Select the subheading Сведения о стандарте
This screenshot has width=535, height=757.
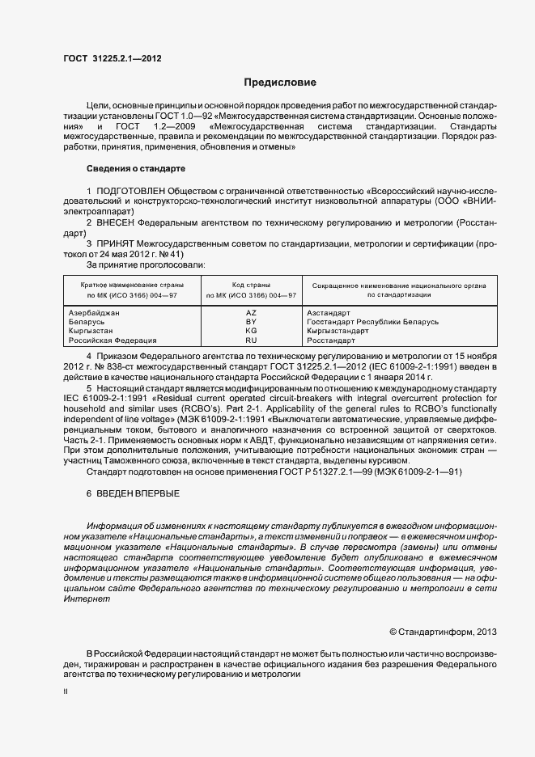point(135,168)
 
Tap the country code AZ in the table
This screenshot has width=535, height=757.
point(250,313)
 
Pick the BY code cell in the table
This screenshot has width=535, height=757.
point(250,322)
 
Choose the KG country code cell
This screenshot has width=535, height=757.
point(250,331)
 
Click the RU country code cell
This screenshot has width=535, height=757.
point(250,340)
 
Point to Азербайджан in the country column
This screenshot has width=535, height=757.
point(94,313)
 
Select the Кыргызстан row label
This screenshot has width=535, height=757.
point(91,331)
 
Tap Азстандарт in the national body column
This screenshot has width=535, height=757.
point(329,313)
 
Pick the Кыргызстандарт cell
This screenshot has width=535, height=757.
point(338,331)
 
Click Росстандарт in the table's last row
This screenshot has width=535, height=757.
point(331,340)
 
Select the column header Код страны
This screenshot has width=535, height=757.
point(250,285)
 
